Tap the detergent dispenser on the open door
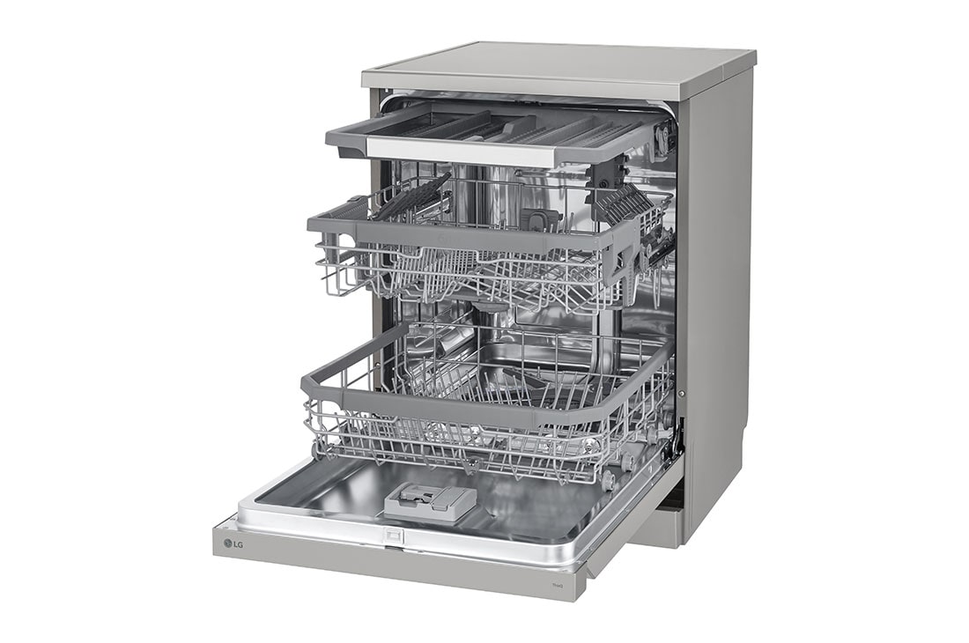[430, 502]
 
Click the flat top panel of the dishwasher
[555, 66]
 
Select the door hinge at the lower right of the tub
[677, 445]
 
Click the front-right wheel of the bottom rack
[607, 479]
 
